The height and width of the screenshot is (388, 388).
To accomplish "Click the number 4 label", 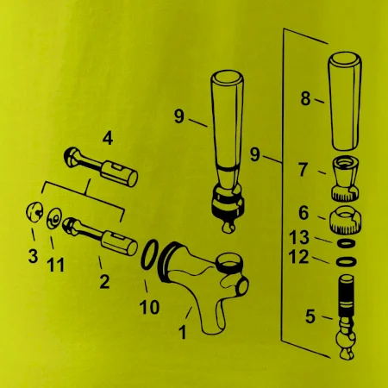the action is pos(108,139).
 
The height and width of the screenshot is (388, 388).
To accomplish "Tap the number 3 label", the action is pos(33,256).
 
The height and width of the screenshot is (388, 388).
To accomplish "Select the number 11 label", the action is pos(55,265).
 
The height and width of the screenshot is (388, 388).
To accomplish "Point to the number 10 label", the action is pos(149,307).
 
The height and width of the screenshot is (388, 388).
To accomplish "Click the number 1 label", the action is pos(182,332).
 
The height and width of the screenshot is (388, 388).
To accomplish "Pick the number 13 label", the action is pos(299,237).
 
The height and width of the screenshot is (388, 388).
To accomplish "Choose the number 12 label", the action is pos(299,257).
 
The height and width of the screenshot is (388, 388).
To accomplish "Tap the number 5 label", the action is pos(310,316).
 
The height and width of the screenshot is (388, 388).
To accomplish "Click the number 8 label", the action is pos(306,98).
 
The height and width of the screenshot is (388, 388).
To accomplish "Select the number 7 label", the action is pos(304,170).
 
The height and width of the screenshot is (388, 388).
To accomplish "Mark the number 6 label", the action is pos(304,213).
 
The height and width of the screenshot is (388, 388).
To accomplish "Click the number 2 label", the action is pos(104,282).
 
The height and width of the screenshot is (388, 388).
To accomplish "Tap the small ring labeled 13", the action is pos(345,243).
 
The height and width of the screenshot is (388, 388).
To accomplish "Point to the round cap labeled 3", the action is pos(34,212).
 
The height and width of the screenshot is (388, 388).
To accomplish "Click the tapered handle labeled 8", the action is pos(345,101).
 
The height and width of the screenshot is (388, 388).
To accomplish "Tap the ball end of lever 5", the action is pos(346,339).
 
